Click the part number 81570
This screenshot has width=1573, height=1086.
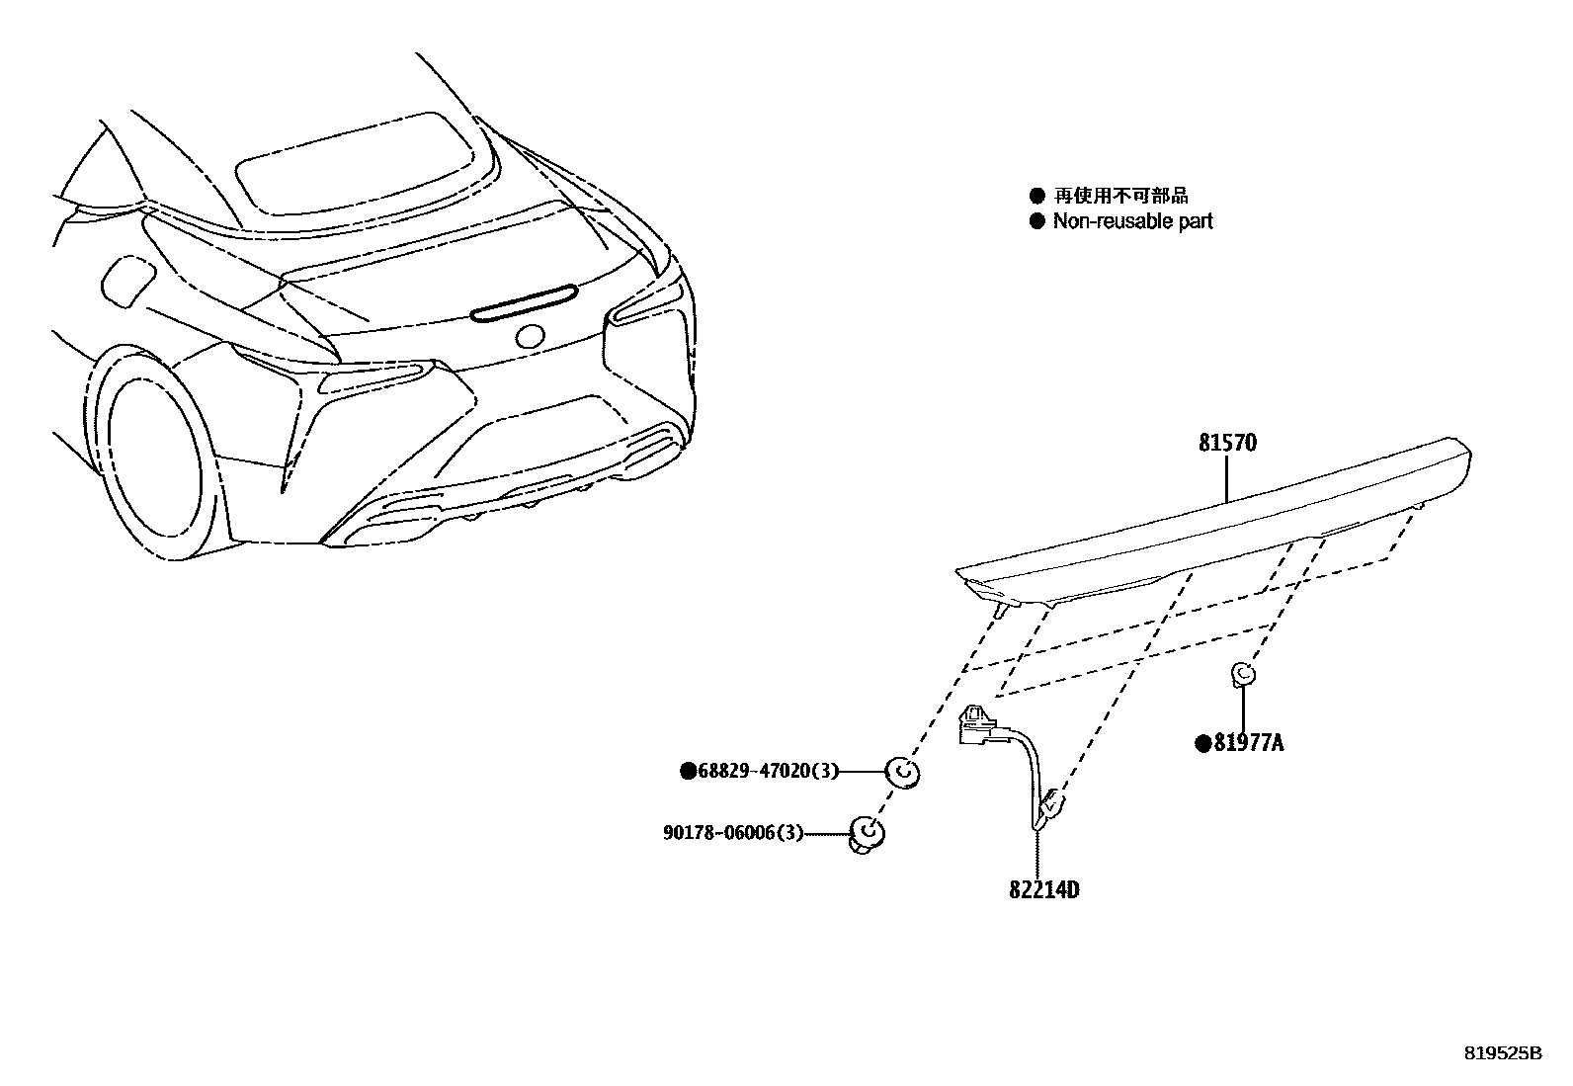(x=1227, y=443)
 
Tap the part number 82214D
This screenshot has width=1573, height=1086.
(x=1043, y=890)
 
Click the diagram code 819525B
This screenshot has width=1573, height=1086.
(x=1502, y=1053)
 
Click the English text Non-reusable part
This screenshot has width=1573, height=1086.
(x=1132, y=221)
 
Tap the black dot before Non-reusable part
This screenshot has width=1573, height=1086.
(x=1036, y=221)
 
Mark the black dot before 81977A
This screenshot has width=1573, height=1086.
(x=1203, y=744)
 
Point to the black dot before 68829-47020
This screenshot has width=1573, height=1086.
(x=687, y=772)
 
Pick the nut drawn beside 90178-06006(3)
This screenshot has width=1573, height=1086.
(x=866, y=835)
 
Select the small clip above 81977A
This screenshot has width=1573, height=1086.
(x=1243, y=676)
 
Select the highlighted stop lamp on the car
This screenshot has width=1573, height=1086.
(x=524, y=302)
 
